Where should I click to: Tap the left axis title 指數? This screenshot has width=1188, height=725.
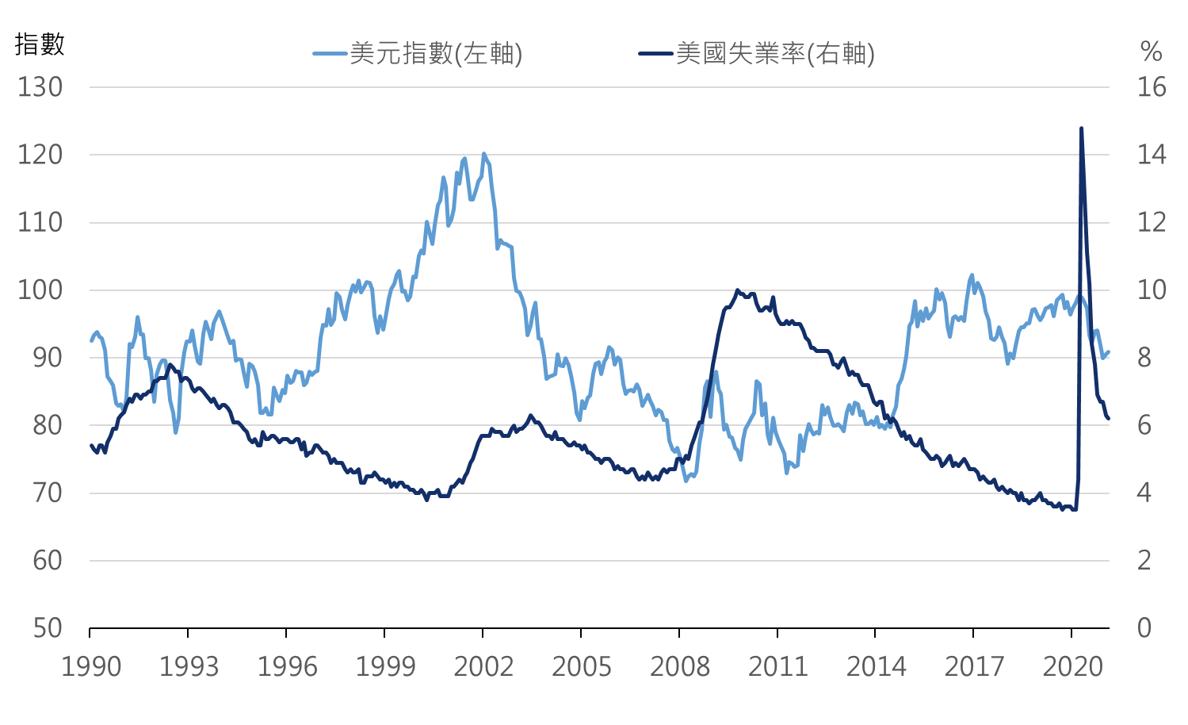(x=40, y=44)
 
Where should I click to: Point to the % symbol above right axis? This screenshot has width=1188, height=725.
(x=1151, y=52)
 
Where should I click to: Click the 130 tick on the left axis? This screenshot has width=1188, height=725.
(x=40, y=87)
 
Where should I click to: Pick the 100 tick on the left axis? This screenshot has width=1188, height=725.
(x=40, y=290)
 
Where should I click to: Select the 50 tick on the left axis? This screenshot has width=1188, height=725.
(x=48, y=628)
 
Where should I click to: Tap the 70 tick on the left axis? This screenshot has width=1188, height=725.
(x=48, y=493)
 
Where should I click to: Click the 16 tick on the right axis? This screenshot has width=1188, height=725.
(x=1152, y=87)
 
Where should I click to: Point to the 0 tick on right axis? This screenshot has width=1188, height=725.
(x=1144, y=628)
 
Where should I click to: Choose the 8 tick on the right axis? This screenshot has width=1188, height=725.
(x=1144, y=358)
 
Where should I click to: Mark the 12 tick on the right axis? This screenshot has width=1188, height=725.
(x=1152, y=222)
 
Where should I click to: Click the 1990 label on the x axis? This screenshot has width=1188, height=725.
(x=91, y=667)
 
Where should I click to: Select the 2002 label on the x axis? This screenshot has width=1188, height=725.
(x=483, y=667)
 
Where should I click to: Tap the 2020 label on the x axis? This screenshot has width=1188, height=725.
(x=1072, y=667)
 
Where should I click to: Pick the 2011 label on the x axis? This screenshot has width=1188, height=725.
(x=777, y=667)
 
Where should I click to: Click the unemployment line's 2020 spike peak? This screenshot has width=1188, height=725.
(x=1082, y=128)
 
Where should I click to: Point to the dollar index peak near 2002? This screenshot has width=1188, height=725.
(x=483, y=154)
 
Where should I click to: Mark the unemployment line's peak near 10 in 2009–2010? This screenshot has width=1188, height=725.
(x=737, y=290)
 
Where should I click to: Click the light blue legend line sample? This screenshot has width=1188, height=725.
(x=330, y=54)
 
